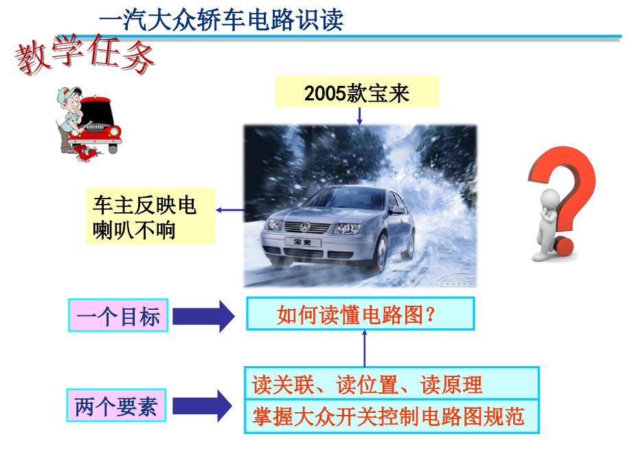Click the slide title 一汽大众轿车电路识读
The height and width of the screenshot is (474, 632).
tap(221, 19)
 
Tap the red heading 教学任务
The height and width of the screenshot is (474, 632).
tap(84, 54)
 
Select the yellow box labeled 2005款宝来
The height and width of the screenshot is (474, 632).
tap(357, 92)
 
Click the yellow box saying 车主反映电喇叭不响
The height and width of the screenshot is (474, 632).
tap(150, 216)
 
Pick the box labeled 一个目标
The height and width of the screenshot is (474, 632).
tap(118, 315)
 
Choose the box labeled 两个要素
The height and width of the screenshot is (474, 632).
tap(116, 405)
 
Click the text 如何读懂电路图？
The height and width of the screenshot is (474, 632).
tap(357, 315)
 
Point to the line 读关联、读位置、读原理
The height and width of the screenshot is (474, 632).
tap(367, 384)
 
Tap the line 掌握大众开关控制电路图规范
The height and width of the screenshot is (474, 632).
tap(387, 417)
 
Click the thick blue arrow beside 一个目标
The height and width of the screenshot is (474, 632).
tap(203, 316)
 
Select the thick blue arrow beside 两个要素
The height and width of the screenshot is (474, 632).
tap(203, 406)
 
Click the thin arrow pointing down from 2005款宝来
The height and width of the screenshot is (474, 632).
tap(359, 116)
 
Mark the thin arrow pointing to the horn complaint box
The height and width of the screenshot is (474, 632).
tap(229, 210)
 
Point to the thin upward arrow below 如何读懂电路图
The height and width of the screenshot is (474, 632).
tap(364, 348)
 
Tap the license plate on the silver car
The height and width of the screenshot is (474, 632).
tap(303, 242)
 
